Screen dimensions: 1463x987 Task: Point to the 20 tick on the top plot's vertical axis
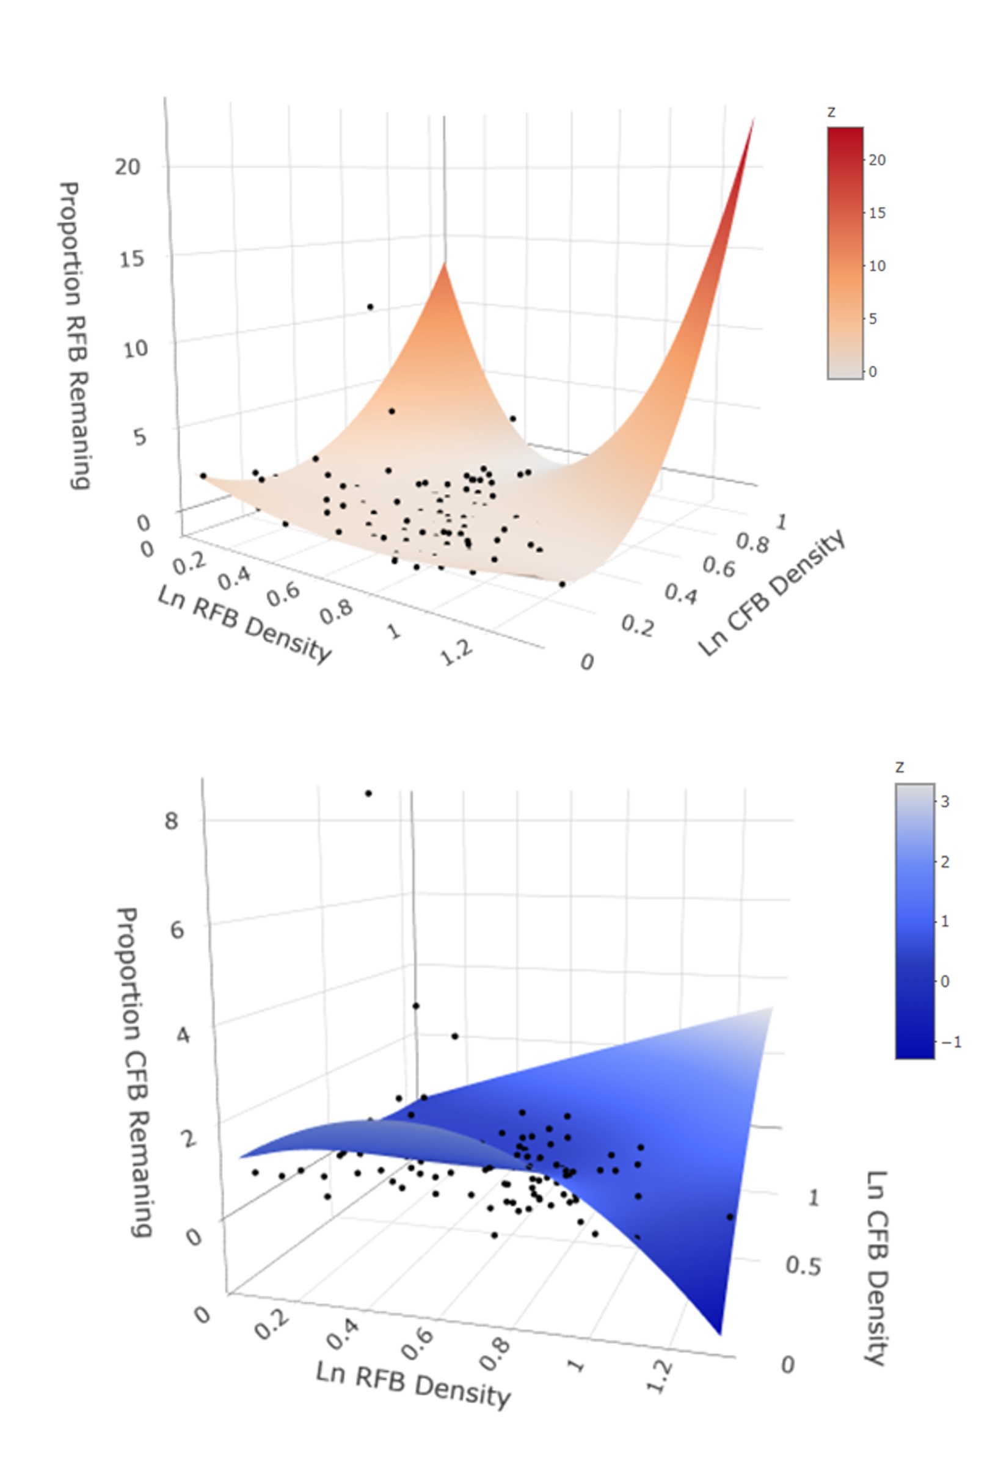pyautogui.click(x=127, y=167)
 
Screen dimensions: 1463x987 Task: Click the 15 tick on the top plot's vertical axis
pyautogui.click(x=131, y=259)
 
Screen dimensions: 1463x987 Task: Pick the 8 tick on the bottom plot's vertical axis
pyautogui.click(x=171, y=821)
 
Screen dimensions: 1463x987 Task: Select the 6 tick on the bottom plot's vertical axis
pyautogui.click(x=177, y=929)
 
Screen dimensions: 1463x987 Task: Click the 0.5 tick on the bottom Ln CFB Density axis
pyautogui.click(x=803, y=1265)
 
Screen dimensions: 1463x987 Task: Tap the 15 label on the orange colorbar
pyautogui.click(x=877, y=213)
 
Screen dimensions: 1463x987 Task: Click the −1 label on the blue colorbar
pyautogui.click(x=950, y=1042)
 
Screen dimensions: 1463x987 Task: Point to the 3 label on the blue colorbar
pyautogui.click(x=945, y=802)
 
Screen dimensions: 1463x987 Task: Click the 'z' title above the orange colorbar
pyautogui.click(x=831, y=112)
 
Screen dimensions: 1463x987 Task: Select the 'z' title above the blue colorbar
pyautogui.click(x=900, y=768)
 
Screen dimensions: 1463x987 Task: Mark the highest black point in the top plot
pyautogui.click(x=370, y=307)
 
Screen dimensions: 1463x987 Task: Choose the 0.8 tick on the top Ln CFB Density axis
pyautogui.click(x=752, y=543)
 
